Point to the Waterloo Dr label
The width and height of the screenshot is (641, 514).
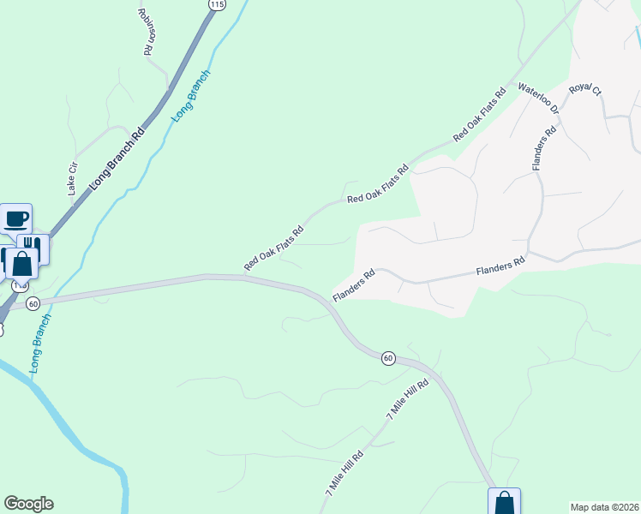(538, 98)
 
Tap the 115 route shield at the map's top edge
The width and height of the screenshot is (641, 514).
(217, 5)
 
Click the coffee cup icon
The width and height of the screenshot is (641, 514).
(16, 218)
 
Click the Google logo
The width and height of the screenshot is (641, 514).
(28, 504)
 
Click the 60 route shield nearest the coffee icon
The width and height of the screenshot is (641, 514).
(33, 303)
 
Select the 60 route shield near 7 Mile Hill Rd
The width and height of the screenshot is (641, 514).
(388, 357)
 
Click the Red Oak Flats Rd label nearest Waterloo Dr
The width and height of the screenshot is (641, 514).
(479, 114)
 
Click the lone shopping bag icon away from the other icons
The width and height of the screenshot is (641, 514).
(504, 502)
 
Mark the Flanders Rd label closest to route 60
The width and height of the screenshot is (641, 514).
(354, 287)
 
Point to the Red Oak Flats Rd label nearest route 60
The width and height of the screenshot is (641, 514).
(273, 248)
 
